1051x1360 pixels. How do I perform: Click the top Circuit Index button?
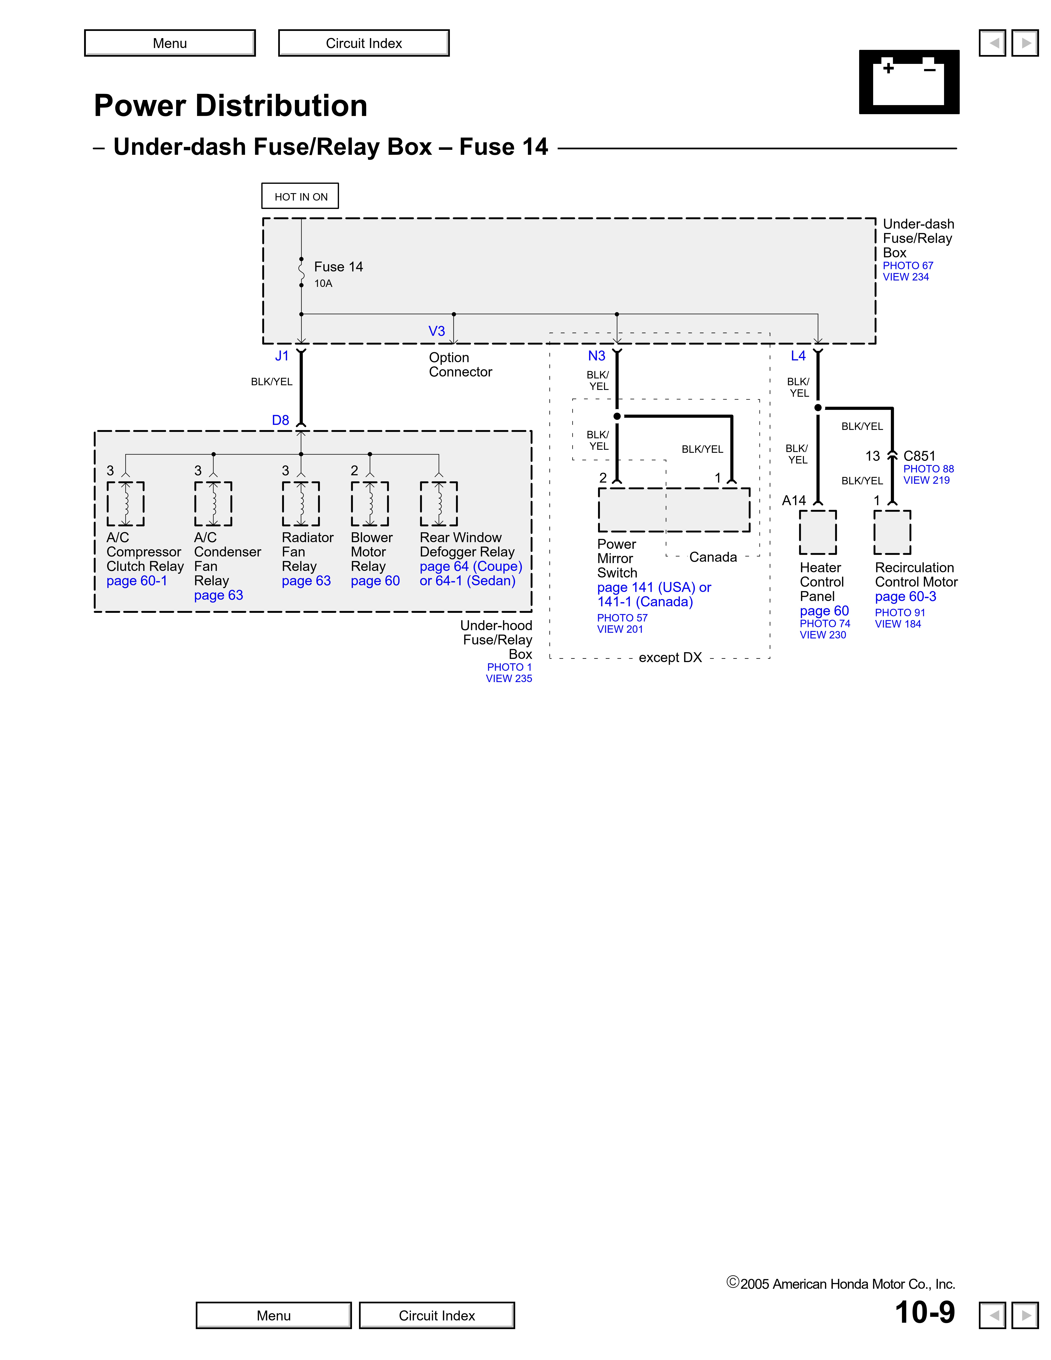[364, 43]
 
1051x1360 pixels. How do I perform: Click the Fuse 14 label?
[338, 266]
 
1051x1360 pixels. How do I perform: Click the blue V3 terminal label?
[436, 331]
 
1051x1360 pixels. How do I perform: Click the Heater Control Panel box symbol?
[818, 532]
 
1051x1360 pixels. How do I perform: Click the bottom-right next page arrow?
[1025, 1315]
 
